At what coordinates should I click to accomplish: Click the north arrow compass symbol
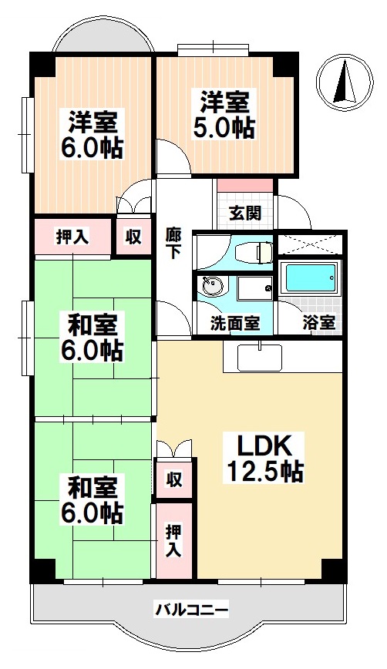click(x=345, y=82)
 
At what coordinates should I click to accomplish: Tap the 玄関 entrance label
click(x=245, y=213)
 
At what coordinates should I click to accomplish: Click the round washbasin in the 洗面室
click(x=212, y=286)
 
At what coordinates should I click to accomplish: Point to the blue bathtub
click(x=310, y=278)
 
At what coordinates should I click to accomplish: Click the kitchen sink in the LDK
click(x=260, y=358)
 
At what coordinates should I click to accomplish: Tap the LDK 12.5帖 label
click(x=264, y=459)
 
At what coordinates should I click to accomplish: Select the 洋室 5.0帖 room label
click(x=224, y=114)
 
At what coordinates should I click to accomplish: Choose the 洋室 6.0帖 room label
click(x=93, y=134)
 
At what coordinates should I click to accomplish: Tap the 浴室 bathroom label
click(x=318, y=323)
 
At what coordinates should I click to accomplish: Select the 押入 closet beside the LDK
click(x=174, y=541)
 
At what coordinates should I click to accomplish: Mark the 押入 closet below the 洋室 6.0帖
click(x=72, y=237)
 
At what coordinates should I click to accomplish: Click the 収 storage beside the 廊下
click(x=133, y=237)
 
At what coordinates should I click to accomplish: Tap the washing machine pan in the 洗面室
click(x=255, y=288)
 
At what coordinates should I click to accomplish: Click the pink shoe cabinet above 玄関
click(x=245, y=185)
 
